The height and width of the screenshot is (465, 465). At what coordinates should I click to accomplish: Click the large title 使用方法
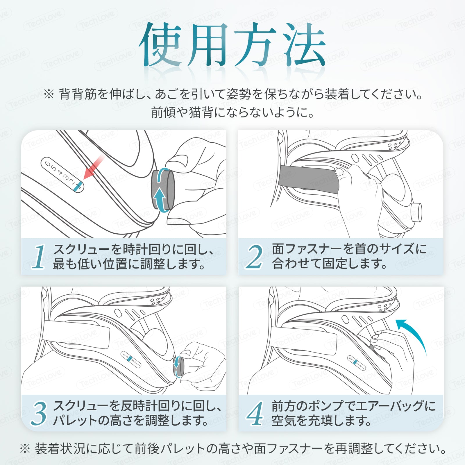(x=232, y=44)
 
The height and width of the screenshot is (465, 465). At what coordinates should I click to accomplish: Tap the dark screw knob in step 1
(x=163, y=190)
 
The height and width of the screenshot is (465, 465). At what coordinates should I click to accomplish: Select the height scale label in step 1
(x=62, y=175)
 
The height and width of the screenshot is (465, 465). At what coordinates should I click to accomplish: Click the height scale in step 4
(x=356, y=363)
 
